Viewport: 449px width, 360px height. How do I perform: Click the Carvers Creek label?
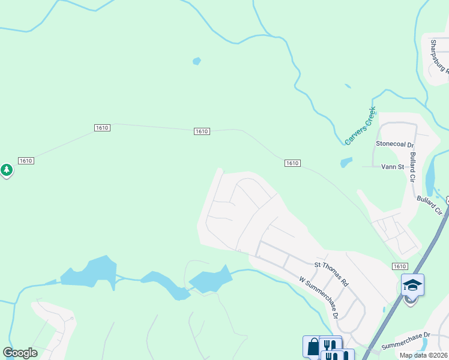coord(360,125)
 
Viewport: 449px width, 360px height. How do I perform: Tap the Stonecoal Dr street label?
coord(394,145)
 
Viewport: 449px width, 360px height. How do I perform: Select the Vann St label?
coord(392,167)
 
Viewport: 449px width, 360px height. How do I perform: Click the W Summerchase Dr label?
coord(319,297)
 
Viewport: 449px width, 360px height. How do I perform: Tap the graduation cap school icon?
coord(412,285)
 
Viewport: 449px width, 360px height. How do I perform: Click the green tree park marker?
coord(7,170)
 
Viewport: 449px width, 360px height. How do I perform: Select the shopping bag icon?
coord(313,346)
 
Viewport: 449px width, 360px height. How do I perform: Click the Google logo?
coord(20,353)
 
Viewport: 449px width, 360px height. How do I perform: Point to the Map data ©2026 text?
coord(423,355)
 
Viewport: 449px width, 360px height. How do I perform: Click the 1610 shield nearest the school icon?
coord(400,266)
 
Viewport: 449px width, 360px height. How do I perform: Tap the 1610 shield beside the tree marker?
coord(25,161)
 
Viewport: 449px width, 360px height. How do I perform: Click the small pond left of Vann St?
coord(346,162)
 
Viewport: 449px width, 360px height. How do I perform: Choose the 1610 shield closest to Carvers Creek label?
coord(292,163)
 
